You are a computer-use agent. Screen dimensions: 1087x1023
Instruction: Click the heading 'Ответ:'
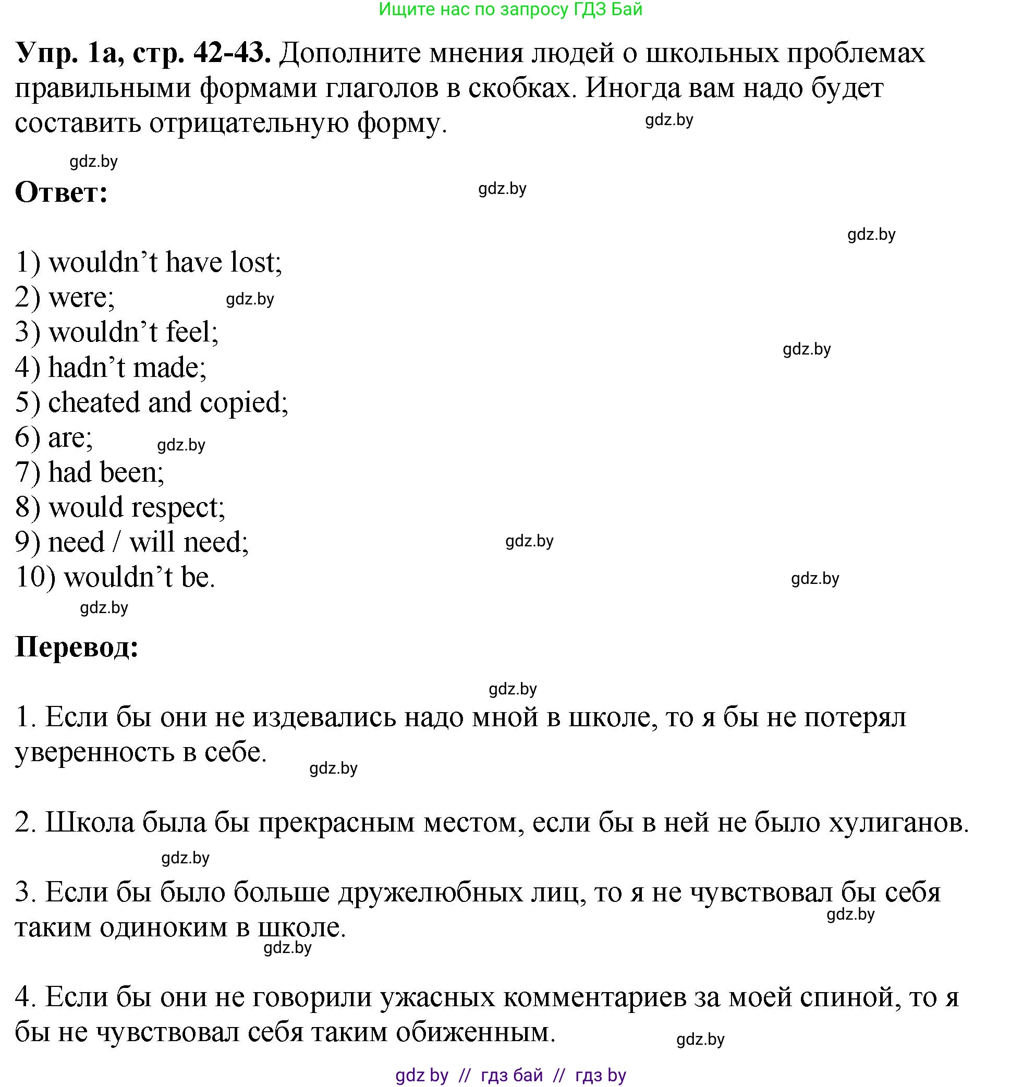point(61,192)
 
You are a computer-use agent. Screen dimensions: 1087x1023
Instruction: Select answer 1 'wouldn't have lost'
point(165,262)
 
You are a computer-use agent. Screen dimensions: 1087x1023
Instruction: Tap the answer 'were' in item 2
point(80,298)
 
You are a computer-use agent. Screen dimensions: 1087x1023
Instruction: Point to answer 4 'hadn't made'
point(127,368)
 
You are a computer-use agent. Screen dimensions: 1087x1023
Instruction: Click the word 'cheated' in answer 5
point(94,402)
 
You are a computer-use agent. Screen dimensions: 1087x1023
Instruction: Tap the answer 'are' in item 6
point(69,437)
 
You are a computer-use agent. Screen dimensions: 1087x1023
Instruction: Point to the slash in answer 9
point(116,542)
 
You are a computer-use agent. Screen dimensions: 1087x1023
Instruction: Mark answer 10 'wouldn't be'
point(139,578)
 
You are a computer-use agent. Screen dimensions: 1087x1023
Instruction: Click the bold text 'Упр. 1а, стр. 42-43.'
point(143,53)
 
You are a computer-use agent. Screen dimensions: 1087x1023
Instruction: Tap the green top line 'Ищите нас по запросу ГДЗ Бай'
point(510,9)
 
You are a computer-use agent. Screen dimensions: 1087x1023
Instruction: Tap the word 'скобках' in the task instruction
point(519,88)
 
